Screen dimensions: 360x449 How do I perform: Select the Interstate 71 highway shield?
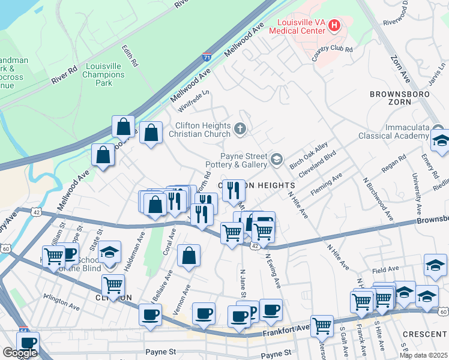coord(207,57)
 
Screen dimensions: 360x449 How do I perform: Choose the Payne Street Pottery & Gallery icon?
coord(276,159)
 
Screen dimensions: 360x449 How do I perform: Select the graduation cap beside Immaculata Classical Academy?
coord(440,141)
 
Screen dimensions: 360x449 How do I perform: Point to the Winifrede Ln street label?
coord(194,101)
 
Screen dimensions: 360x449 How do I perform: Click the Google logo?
coord(20,353)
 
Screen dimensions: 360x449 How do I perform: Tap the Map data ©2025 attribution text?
coord(423,355)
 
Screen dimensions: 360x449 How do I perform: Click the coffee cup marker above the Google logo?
coord(28,342)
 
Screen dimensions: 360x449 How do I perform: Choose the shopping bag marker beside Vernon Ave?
coord(188,255)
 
